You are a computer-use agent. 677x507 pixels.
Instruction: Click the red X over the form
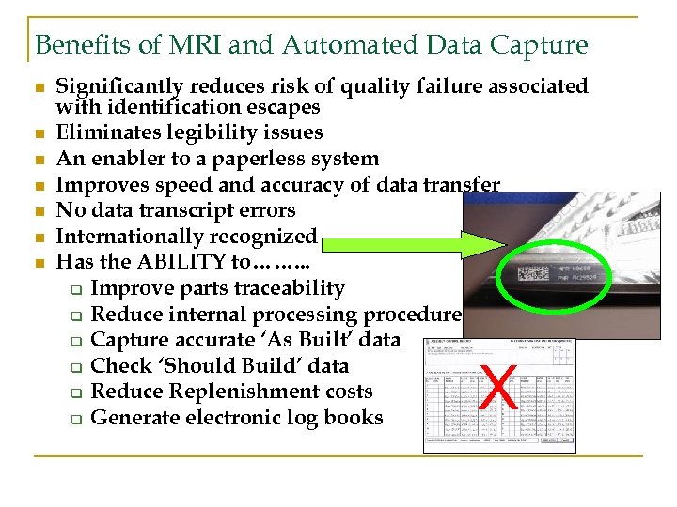pyautogui.click(x=498, y=388)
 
